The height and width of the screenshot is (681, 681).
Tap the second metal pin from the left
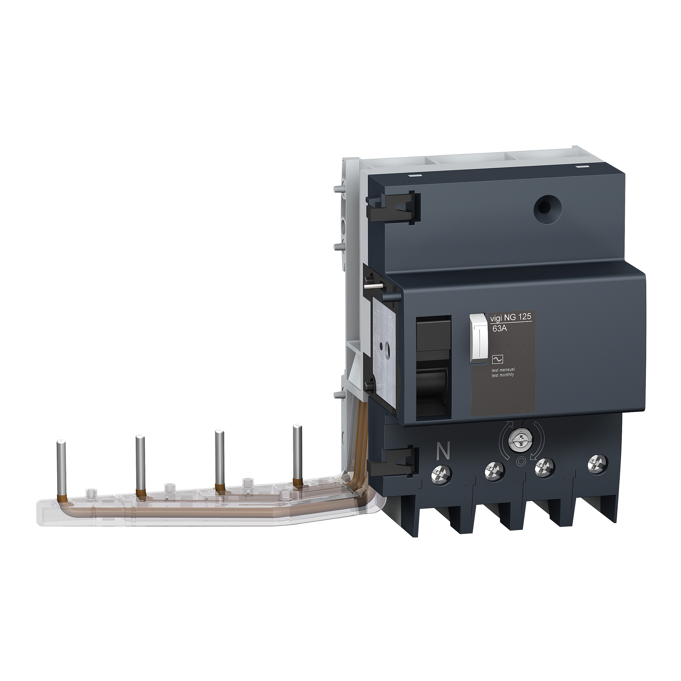pos(140,465)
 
